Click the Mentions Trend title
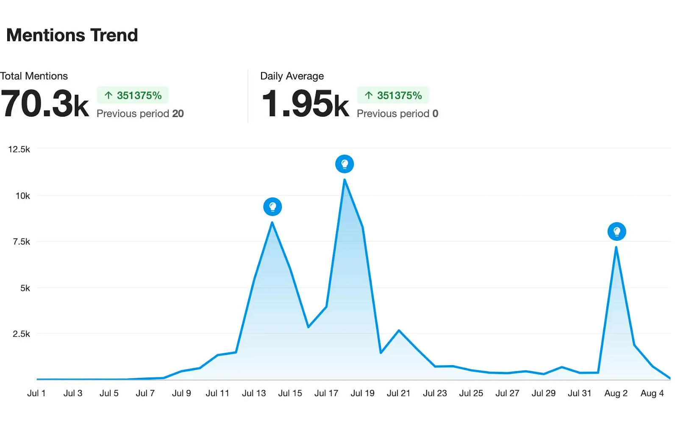coord(72,35)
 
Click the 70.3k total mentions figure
coord(44,104)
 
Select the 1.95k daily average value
coord(305,104)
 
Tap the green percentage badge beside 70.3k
coord(133,95)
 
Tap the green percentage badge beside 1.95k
coord(393,95)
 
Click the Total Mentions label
coord(34,76)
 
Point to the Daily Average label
coord(292,76)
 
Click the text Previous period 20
coord(140,114)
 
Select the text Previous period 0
coord(397,114)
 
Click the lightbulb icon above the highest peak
coord(345,164)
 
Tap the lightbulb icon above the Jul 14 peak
coord(272,207)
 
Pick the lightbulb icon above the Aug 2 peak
coord(617,232)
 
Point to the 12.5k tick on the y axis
coord(19,149)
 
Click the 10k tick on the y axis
coord(22,196)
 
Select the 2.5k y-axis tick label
coord(21,334)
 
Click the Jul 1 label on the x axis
coord(36,393)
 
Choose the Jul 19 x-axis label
coord(362,393)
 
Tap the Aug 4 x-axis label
coord(652,393)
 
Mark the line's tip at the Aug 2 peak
coord(616,247)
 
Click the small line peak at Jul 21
coord(399,330)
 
